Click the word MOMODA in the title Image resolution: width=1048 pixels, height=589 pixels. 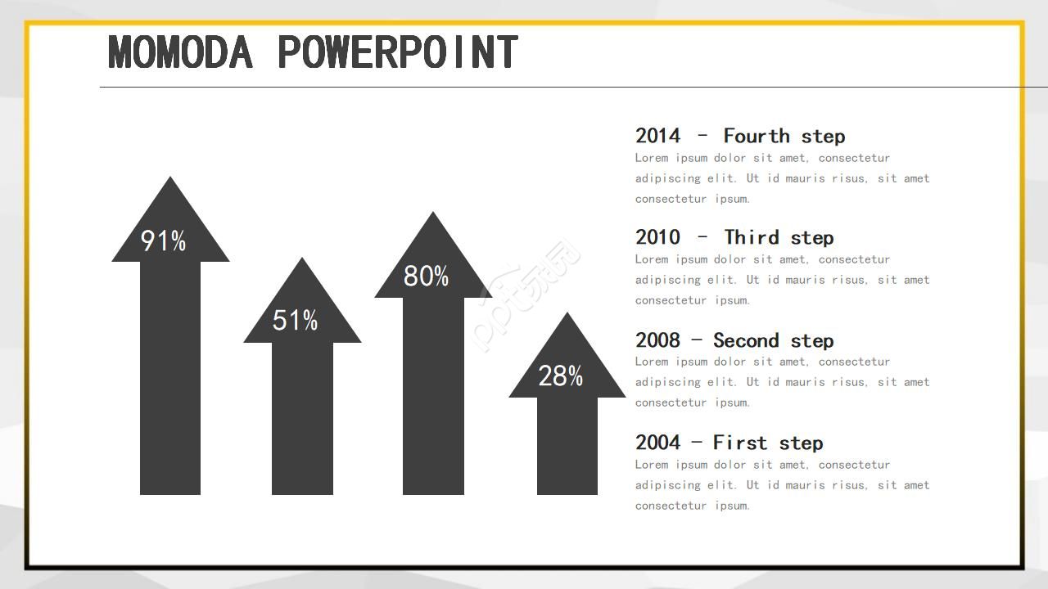coord(181,52)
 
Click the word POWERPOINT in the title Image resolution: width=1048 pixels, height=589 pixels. coord(398,52)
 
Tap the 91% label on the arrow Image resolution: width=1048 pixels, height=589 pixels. coord(163,241)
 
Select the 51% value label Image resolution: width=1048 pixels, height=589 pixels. coord(296,320)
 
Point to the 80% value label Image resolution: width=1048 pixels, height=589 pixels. coord(427,276)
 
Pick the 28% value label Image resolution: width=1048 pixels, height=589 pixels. coord(561,375)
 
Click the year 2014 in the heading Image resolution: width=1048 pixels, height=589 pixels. coord(657,136)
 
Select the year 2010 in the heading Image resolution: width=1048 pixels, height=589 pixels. coord(657,237)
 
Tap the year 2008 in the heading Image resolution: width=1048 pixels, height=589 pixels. coord(657,340)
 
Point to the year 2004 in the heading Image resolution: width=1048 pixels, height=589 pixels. coord(657,443)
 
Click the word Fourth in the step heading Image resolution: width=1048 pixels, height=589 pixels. coord(757,136)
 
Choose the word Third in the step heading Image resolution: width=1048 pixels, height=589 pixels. coord(752,237)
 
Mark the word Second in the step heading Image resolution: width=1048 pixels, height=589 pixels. coord(746,340)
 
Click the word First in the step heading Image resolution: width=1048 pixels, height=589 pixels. coord(740,443)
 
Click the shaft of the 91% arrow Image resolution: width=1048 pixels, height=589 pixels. coord(170,378)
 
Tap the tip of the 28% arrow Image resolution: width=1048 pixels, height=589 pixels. coord(567,312)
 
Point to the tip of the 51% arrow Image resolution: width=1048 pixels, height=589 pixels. coord(302,258)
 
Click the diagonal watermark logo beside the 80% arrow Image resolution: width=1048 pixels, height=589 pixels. coord(526,295)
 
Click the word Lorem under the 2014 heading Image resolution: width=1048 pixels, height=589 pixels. coord(652,158)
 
